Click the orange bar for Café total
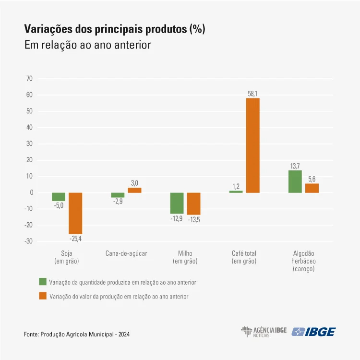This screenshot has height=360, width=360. coord(253,145)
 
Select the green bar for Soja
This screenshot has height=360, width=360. coord(59,197)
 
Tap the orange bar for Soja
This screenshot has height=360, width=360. coord(75,213)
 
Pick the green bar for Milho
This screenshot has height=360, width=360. coord(177,203)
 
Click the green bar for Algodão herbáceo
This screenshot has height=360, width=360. coord(295,181)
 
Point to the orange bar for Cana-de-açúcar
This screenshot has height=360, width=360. coord(134,190)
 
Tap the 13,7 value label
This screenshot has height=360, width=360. coord(295,166)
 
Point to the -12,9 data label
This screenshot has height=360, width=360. coord(177,218)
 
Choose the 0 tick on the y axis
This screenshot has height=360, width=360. coord(31,192)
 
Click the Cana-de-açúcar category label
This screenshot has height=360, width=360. coord(126,253)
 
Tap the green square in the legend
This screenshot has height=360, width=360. coord(42,282)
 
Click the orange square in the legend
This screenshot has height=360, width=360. coord(42,296)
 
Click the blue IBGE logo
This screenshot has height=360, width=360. coord(314,332)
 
